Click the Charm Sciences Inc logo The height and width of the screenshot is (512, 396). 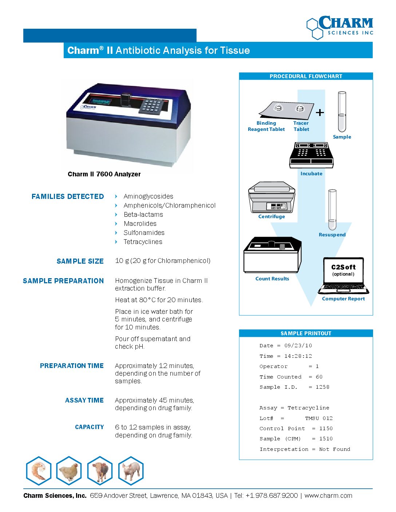[x=340, y=27]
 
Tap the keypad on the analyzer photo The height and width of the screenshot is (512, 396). [x=152, y=105]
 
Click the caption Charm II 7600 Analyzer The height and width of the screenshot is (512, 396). [x=104, y=174]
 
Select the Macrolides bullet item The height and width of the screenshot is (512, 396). [x=140, y=224]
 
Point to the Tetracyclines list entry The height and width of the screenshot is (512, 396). [x=143, y=242]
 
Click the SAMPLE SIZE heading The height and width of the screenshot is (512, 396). [x=80, y=261]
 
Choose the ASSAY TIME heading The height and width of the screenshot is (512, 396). [x=84, y=400]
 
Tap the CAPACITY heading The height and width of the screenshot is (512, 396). [x=89, y=427]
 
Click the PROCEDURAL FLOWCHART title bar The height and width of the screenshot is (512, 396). [x=306, y=76]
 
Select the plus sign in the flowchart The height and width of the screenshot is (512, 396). [x=320, y=112]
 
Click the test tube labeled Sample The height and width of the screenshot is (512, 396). [x=342, y=112]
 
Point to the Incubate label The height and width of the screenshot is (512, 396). [x=311, y=173]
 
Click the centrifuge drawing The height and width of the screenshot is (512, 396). [x=272, y=198]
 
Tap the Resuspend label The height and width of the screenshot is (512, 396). [x=332, y=235]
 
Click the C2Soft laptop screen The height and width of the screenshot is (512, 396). [x=343, y=270]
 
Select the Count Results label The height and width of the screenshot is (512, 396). [x=272, y=279]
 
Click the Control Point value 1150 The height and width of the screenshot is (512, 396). [x=326, y=428]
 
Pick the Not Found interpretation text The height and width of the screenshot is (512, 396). [x=334, y=449]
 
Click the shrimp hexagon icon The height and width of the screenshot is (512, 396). [x=39, y=471]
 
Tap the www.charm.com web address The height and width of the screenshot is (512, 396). [x=328, y=496]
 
